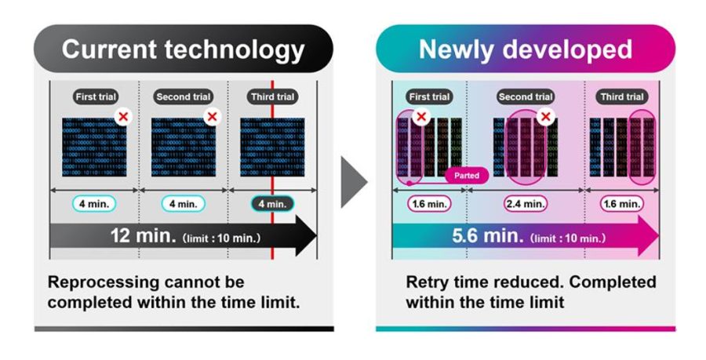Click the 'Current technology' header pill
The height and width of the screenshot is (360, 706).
(x=183, y=49)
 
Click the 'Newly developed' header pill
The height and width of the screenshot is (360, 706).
(x=525, y=49)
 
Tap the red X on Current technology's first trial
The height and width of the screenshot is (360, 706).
(x=122, y=116)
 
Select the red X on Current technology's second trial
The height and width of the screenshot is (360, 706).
(x=211, y=116)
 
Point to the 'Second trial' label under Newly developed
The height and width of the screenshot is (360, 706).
(x=526, y=97)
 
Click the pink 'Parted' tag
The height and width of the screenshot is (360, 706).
(x=467, y=176)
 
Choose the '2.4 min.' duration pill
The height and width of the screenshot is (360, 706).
(x=526, y=203)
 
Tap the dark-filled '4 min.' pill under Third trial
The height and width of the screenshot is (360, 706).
(x=271, y=203)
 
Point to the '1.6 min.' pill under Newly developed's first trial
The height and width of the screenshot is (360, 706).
(x=429, y=203)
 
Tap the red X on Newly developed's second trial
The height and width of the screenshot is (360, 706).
(x=547, y=116)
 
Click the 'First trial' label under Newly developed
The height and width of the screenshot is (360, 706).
(x=429, y=97)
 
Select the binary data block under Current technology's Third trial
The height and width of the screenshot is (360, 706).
(x=271, y=147)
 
